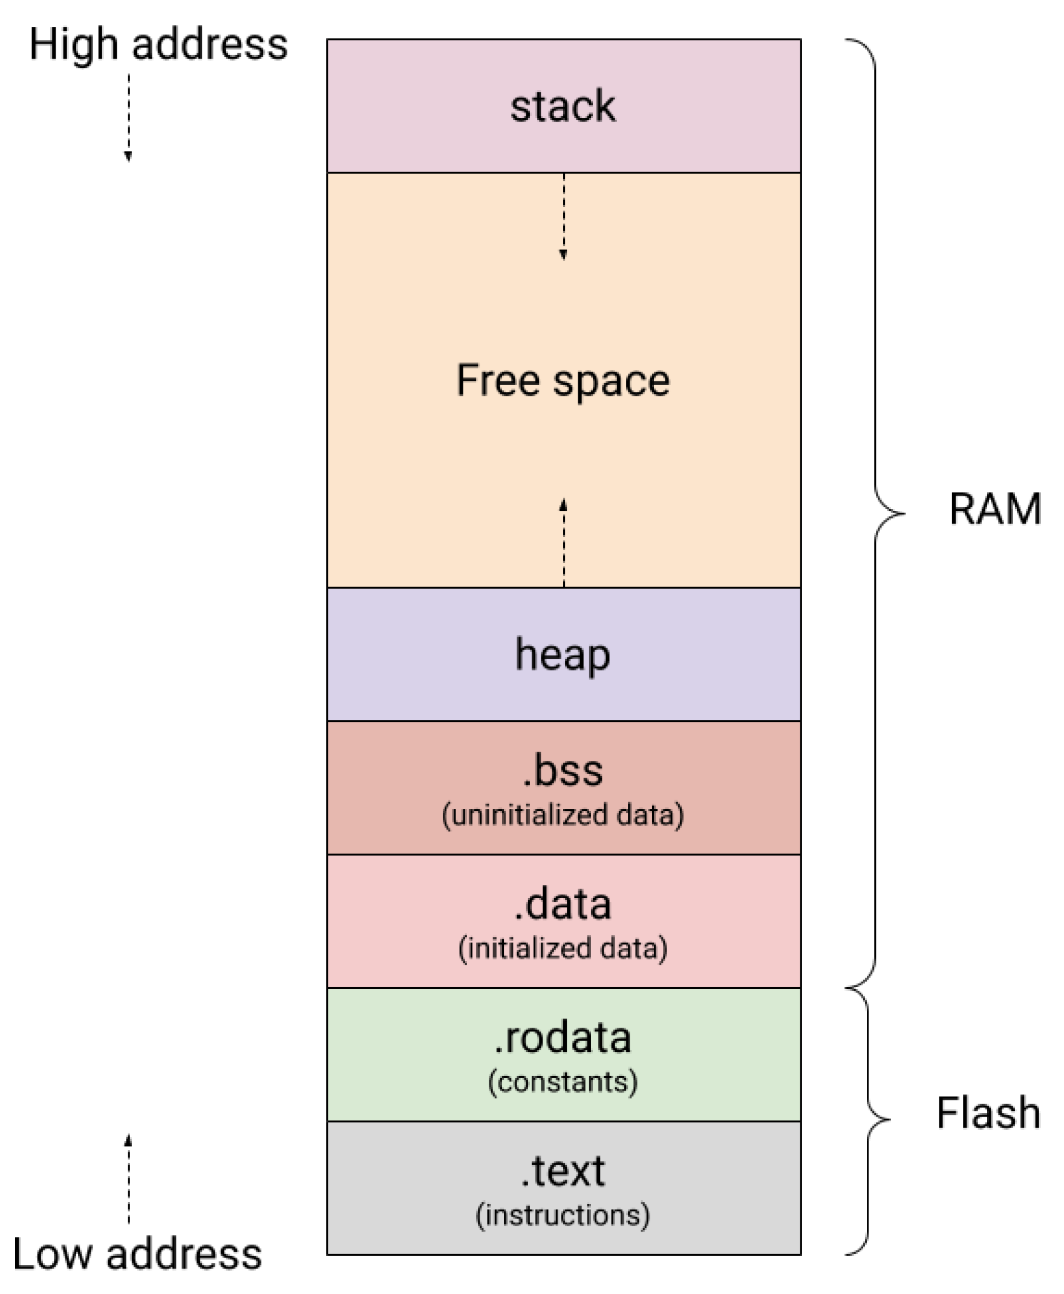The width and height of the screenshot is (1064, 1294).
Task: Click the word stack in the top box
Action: point(563,106)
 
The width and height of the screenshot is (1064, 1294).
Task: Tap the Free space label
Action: point(563,381)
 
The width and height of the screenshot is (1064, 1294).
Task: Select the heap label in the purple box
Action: point(563,655)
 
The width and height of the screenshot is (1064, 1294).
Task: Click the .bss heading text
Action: point(563,771)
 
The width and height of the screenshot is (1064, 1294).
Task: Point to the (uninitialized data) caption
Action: point(563,815)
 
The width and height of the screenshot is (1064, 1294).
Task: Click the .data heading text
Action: point(563,905)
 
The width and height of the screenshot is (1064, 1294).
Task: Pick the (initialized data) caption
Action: point(563,948)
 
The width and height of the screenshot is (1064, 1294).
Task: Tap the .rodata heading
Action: point(563,1038)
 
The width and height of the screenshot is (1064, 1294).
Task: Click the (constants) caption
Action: point(563,1082)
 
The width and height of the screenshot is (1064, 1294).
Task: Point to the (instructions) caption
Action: point(563,1215)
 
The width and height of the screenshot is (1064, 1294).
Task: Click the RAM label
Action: point(995,509)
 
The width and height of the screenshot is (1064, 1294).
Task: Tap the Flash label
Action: point(988,1113)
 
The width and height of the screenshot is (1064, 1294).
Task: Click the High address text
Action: point(158,45)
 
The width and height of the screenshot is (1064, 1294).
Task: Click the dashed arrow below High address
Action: point(128,117)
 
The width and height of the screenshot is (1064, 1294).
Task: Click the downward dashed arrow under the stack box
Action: point(563,216)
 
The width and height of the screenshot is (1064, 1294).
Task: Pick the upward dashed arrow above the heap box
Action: point(563,543)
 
